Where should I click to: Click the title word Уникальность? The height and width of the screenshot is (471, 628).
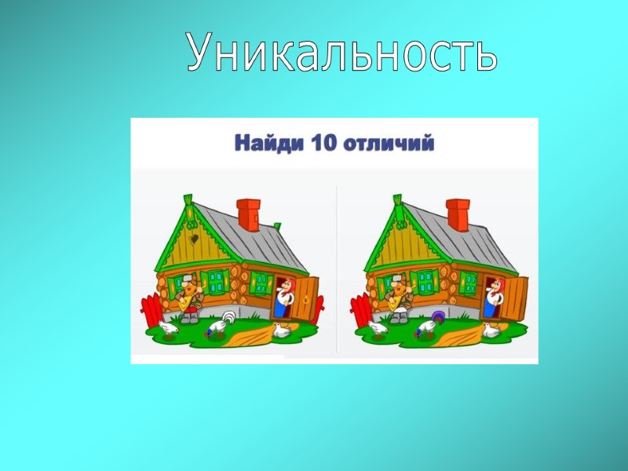pyautogui.click(x=342, y=53)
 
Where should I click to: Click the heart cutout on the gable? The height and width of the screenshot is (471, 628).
pyautogui.click(x=192, y=235)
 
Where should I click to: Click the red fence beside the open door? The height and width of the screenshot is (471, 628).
pyautogui.click(x=318, y=308)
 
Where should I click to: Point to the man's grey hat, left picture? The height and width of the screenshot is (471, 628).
pyautogui.click(x=191, y=277)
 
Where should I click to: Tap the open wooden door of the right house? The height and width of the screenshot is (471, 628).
pyautogui.click(x=515, y=298)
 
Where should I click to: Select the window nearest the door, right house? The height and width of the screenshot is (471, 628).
pyautogui.click(x=469, y=281)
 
